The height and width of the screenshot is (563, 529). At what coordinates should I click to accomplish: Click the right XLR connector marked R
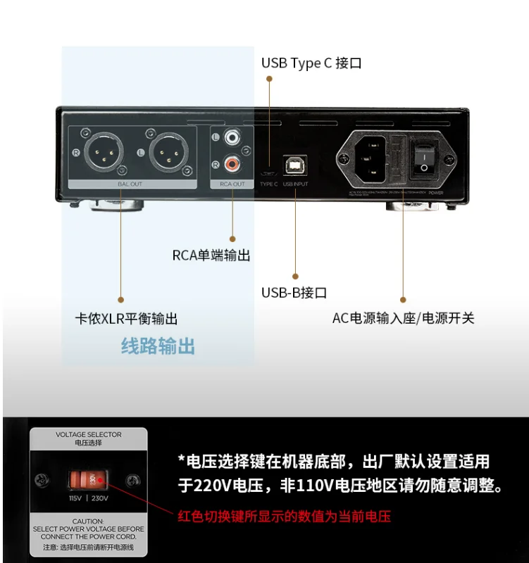pyautogui.click(x=103, y=152)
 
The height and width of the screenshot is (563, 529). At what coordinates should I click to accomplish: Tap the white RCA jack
pyautogui.click(x=232, y=139)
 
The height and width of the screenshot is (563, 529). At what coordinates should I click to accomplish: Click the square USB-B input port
pyautogui.click(x=296, y=165)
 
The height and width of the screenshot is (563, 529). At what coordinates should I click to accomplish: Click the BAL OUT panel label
pyautogui.click(x=130, y=184)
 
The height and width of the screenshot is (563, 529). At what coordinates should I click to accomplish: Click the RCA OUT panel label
pyautogui.click(x=232, y=184)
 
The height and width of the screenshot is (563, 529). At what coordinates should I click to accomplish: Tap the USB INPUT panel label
pyautogui.click(x=296, y=184)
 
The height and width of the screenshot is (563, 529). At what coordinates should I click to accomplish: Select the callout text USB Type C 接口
pyautogui.click(x=311, y=63)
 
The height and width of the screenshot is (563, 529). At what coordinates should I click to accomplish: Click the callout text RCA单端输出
pyautogui.click(x=211, y=255)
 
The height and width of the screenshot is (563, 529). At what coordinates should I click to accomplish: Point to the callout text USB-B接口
pyautogui.click(x=294, y=293)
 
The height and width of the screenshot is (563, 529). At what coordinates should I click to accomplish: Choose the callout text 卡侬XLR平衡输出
pyautogui.click(x=126, y=318)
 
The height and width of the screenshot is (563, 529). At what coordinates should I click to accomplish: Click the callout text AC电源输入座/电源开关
pyautogui.click(x=403, y=318)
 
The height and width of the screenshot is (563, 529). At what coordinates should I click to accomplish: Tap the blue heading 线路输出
pyautogui.click(x=158, y=346)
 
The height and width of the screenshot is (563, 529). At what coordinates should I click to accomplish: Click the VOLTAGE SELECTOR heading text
pyautogui.click(x=89, y=435)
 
